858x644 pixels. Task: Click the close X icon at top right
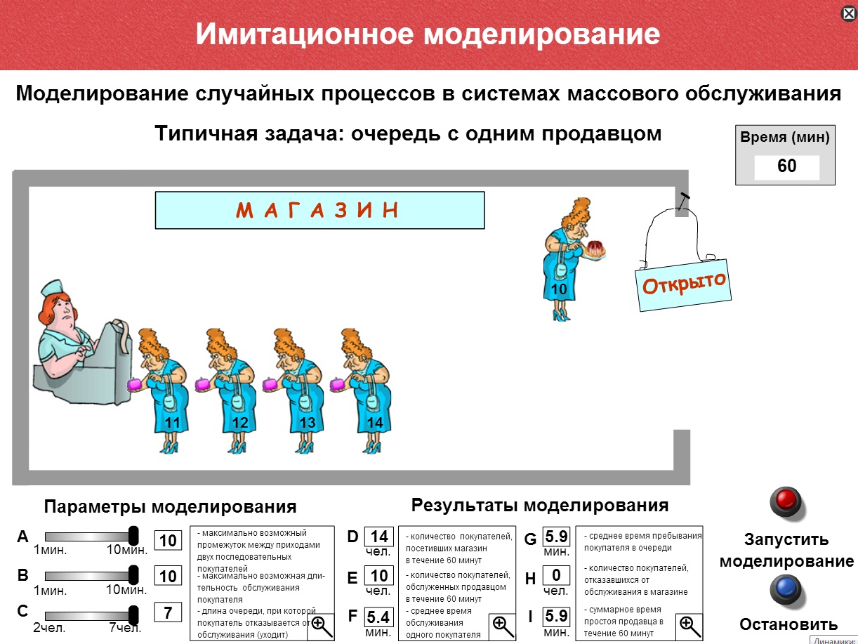point(847,13)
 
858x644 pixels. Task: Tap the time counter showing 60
point(786,167)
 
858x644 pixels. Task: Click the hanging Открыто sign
point(683,284)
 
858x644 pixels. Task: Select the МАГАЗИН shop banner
point(319,210)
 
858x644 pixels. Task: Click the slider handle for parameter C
point(134,612)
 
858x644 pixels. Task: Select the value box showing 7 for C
point(168,612)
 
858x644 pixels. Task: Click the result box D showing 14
point(379,538)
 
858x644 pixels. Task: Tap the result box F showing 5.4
point(379,617)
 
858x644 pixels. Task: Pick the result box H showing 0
point(556,576)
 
